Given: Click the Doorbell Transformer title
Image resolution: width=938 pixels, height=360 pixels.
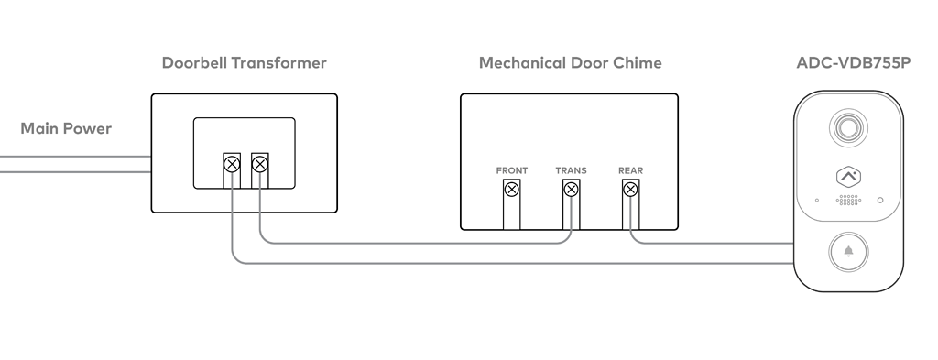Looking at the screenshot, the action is (x=244, y=63).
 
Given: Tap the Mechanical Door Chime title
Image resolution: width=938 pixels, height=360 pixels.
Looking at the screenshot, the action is (x=570, y=63).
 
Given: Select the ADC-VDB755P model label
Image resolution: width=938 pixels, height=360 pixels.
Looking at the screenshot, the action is (x=854, y=63).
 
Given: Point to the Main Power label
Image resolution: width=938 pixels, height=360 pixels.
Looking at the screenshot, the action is (x=66, y=128).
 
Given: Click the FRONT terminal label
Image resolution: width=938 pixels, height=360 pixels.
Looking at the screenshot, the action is (x=511, y=170).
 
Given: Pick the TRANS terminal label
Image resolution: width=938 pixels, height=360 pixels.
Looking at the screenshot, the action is (x=571, y=170).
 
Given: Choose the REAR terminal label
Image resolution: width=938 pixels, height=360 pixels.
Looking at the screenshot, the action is (x=630, y=170).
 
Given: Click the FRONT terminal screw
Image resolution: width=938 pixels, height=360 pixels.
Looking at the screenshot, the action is (x=511, y=190).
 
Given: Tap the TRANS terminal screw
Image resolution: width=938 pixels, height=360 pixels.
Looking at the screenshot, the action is (x=571, y=190).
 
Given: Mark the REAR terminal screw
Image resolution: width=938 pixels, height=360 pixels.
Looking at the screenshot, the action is (x=630, y=190).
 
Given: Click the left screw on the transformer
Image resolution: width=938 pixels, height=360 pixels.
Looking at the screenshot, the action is (x=232, y=164).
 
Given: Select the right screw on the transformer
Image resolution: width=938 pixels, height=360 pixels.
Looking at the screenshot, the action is (x=259, y=164).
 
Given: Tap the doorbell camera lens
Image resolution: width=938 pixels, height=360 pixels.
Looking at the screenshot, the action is (x=848, y=127).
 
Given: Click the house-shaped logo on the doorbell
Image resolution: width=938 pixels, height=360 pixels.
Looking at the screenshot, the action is (x=848, y=177).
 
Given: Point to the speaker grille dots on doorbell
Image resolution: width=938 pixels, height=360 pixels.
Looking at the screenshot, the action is (x=848, y=201).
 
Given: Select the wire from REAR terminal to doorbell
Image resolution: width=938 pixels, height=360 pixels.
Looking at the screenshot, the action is (x=712, y=244).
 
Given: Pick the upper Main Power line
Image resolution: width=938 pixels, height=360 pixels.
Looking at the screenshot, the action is (x=75, y=157).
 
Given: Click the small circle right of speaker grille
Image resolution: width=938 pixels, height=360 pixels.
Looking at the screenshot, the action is (x=880, y=201).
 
